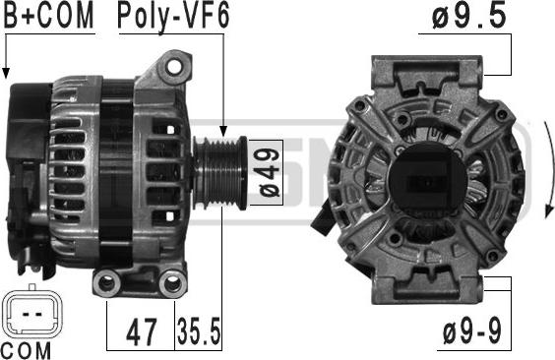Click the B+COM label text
(49, 16)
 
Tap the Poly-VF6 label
(173, 17)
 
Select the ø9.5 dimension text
(469, 17)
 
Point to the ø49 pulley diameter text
(270, 172)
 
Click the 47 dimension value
(142, 331)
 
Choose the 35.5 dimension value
(199, 331)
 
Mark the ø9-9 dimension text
(472, 331)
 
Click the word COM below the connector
(27, 351)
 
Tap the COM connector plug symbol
(31, 313)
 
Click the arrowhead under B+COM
(6, 73)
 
